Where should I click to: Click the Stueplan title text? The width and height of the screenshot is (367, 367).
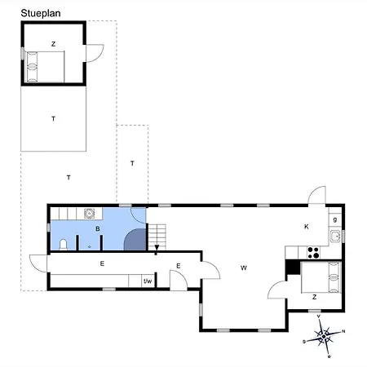tap(41, 13)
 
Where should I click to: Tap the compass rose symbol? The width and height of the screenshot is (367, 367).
tap(324, 337)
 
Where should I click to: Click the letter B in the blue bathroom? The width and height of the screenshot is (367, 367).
tap(98, 229)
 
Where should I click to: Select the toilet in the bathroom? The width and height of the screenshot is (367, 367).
tap(63, 245)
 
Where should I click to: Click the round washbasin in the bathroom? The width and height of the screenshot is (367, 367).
tap(89, 214)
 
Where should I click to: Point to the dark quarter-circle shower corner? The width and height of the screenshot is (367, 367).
tap(135, 240)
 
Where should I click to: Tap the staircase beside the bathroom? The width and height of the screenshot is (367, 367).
tap(157, 237)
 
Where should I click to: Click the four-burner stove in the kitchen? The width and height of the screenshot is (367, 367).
tap(313, 252)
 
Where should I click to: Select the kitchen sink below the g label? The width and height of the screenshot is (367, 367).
tap(335, 237)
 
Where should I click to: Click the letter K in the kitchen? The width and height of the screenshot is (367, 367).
tap(307, 227)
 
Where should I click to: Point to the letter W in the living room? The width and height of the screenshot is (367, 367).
tap(244, 268)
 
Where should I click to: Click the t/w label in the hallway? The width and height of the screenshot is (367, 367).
tap(148, 281)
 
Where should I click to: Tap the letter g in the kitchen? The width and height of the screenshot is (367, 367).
tap(335, 219)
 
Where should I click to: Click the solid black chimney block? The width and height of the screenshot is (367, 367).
tap(293, 268)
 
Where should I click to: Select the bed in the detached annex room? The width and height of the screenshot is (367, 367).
tap(45, 67)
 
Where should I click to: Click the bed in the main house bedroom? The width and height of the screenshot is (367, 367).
tap(321, 277)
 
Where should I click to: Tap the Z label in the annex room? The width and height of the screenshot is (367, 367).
tap(53, 44)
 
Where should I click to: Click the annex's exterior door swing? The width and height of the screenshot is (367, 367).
tap(95, 53)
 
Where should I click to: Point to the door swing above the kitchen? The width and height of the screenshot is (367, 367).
tap(317, 195)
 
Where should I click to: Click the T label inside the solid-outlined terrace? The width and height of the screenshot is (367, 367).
tap(53, 119)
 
